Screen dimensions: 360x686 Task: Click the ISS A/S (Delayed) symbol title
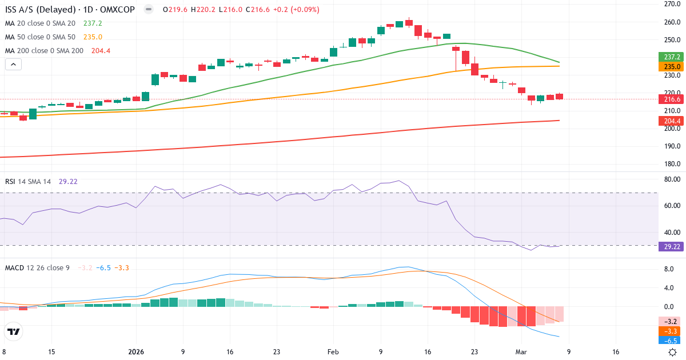point(40,10)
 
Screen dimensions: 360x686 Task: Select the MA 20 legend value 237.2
point(93,23)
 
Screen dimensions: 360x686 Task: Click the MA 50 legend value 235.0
point(93,37)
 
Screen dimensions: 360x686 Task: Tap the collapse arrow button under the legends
point(13,65)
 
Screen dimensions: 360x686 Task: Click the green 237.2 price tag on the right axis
point(672,57)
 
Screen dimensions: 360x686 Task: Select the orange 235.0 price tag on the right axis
point(672,66)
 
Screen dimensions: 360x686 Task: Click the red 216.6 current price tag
point(672,99)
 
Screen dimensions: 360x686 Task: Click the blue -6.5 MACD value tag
point(672,340)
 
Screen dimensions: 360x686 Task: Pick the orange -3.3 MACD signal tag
point(672,330)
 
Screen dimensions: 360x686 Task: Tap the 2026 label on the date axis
point(136,353)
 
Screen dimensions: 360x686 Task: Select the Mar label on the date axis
point(521,353)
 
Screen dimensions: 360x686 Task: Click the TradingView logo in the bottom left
point(13,331)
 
